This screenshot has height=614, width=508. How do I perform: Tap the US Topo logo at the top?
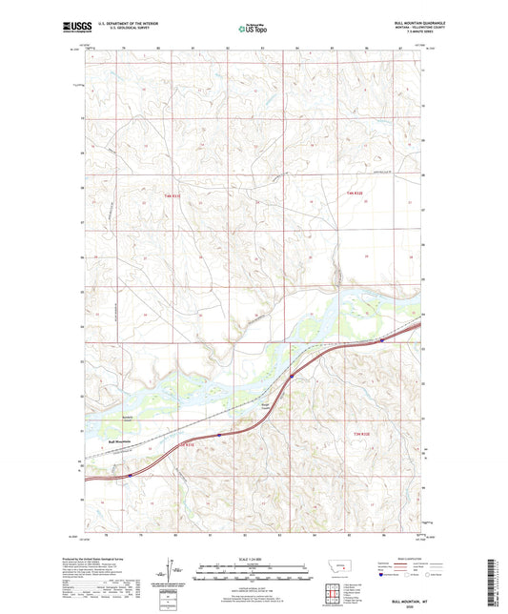tap(253, 31)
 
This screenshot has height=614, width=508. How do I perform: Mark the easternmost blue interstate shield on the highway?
tap(383, 338)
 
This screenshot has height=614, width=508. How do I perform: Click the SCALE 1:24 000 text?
tap(254, 560)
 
